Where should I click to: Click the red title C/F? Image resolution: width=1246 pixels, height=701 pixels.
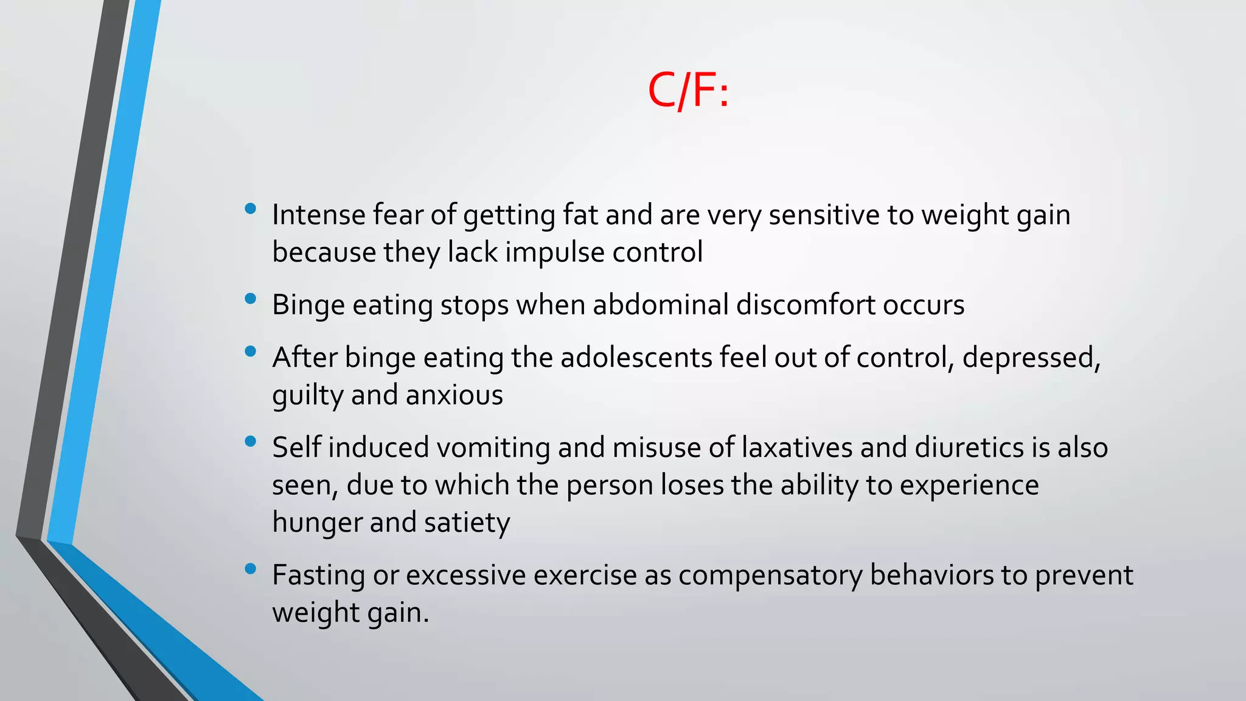click(688, 90)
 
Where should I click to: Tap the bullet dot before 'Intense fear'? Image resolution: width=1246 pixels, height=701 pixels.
click(250, 209)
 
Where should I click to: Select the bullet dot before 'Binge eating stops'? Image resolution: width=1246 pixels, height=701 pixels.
click(250, 299)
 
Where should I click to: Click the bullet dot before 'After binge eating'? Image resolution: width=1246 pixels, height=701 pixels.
click(250, 351)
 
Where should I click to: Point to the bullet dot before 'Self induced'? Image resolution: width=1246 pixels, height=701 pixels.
click(250, 441)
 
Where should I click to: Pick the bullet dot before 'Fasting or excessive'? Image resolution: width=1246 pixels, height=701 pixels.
click(250, 569)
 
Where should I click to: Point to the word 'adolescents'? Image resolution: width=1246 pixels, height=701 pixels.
click(636, 357)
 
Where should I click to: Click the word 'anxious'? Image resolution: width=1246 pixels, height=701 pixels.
click(454, 395)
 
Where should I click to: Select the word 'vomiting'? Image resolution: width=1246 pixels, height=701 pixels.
click(493, 448)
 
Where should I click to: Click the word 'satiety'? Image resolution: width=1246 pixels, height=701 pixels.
click(467, 523)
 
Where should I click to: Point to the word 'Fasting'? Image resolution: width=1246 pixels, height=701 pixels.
click(318, 575)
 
